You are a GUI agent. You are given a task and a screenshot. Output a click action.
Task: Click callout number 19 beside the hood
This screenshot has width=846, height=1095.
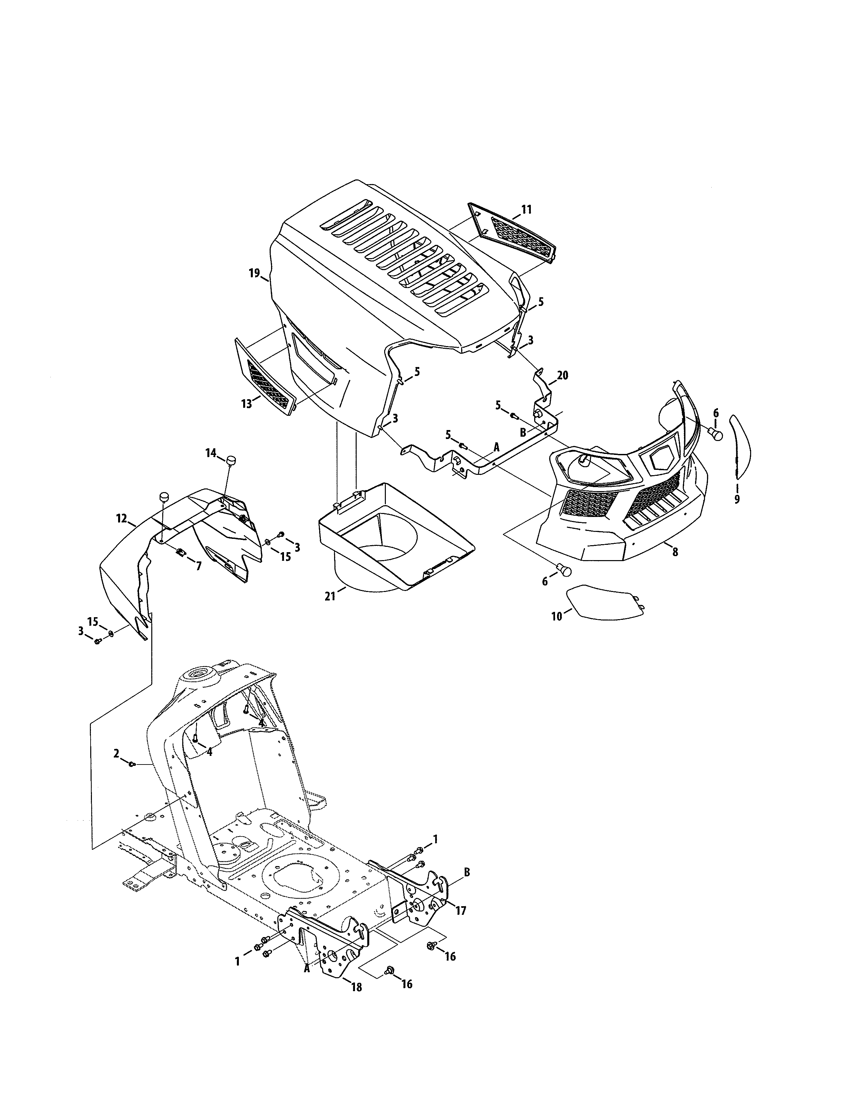pos(254,273)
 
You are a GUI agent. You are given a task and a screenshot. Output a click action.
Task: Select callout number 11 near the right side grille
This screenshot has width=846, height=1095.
pos(526,210)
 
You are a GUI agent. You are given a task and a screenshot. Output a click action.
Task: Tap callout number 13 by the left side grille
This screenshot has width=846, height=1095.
pos(247,403)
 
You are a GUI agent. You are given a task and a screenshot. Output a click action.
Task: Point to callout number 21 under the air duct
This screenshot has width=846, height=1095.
pos(330,597)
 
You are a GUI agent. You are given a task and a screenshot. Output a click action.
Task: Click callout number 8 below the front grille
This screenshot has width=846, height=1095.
pos(675,552)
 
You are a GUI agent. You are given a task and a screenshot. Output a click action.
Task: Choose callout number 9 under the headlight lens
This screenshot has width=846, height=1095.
pos(737,499)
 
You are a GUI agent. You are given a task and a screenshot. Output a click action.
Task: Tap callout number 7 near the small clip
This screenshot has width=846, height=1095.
pos(198,566)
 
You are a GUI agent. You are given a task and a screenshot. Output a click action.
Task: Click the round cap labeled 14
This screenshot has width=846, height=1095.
pos(231,460)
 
